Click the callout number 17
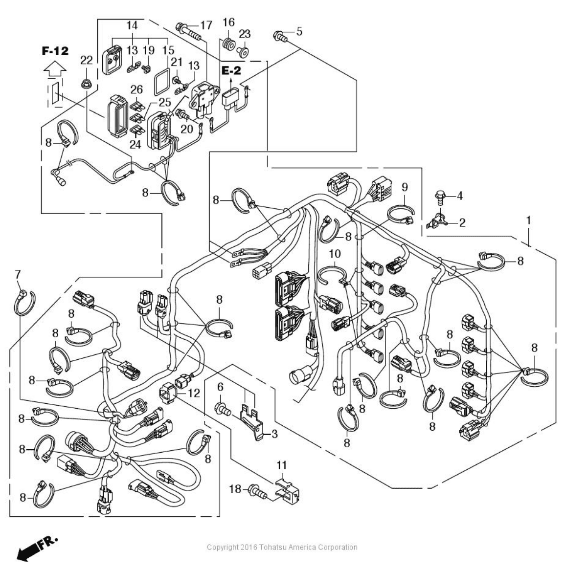pos(205,25)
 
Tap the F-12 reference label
pos(55,51)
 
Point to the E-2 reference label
pos(231,71)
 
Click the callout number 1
pos(528,220)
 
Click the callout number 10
pos(335,254)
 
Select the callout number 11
pos(282,465)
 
